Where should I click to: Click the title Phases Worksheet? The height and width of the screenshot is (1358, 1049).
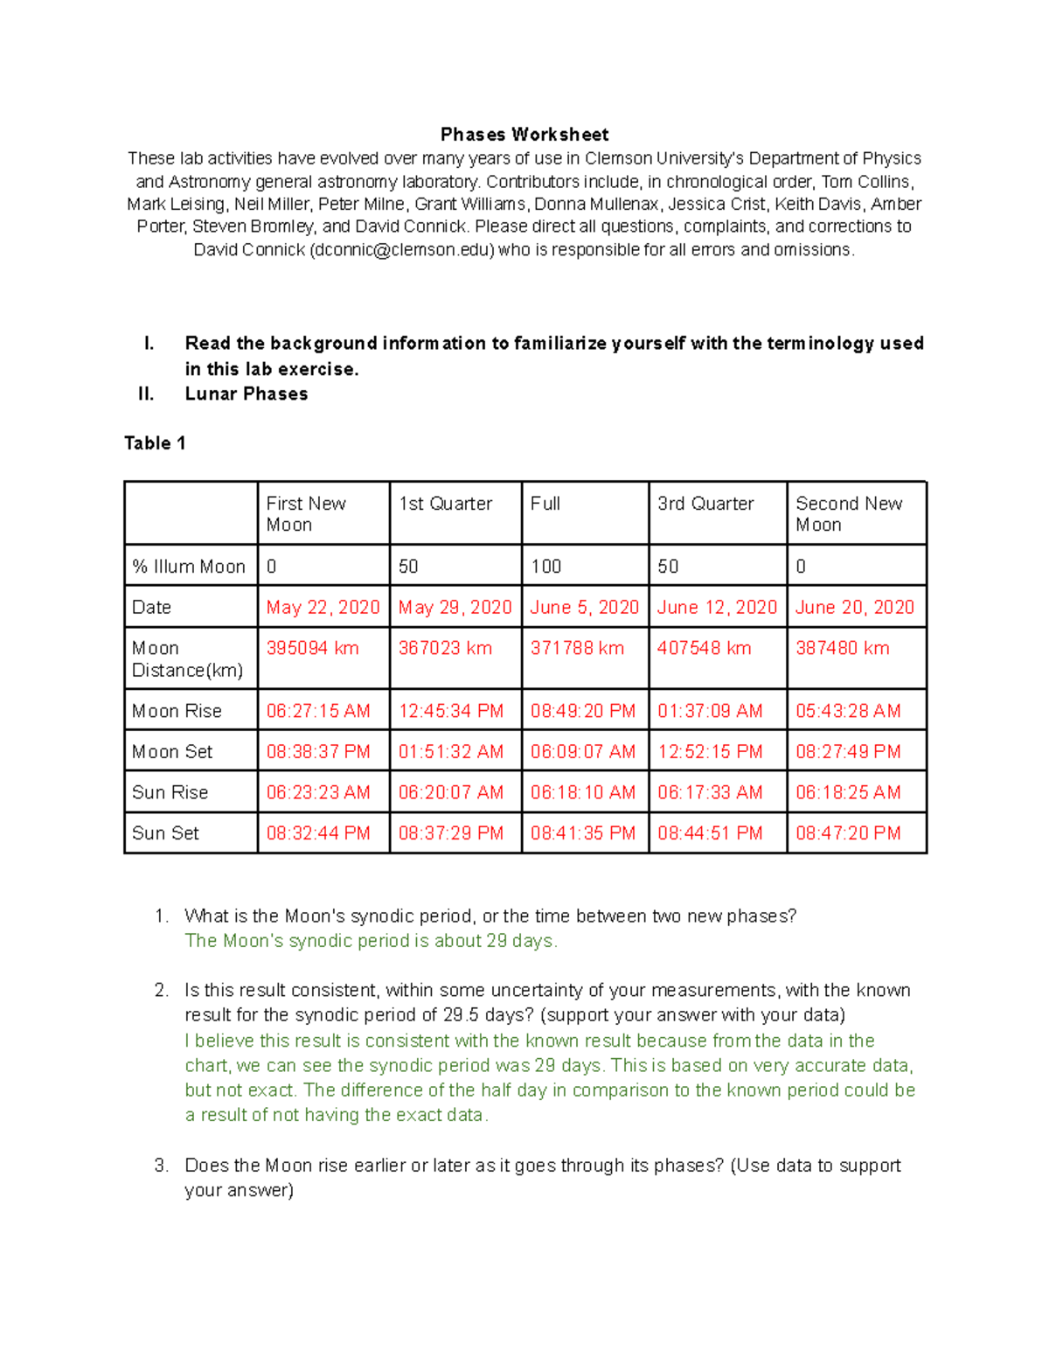(524, 135)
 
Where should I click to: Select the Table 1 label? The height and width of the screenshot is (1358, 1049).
(155, 443)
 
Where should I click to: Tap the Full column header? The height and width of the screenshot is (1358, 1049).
(545, 504)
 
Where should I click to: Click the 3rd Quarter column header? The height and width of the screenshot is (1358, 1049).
(705, 504)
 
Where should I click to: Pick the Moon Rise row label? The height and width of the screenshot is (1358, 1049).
(177, 711)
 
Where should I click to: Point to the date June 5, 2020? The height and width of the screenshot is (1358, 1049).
(584, 607)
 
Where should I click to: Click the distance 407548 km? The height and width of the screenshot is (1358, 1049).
(704, 648)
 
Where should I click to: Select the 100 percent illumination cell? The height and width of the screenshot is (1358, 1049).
(546, 567)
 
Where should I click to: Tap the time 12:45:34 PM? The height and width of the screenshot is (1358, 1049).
(451, 711)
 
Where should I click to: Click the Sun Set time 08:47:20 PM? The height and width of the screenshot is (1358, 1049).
(848, 833)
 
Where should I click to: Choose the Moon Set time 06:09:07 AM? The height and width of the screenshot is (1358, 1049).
(582, 752)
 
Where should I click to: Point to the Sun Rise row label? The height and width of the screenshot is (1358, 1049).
(170, 792)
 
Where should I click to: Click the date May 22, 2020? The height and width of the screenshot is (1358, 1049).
(323, 607)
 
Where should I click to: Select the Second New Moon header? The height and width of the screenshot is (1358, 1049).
(848, 514)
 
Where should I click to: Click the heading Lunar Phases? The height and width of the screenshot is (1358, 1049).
(247, 394)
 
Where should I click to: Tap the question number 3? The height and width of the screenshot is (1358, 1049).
(161, 1166)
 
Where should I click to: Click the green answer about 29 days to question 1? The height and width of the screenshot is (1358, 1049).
(371, 941)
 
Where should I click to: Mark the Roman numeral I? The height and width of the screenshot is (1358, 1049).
(149, 344)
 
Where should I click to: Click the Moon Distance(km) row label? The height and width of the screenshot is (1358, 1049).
(187, 659)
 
